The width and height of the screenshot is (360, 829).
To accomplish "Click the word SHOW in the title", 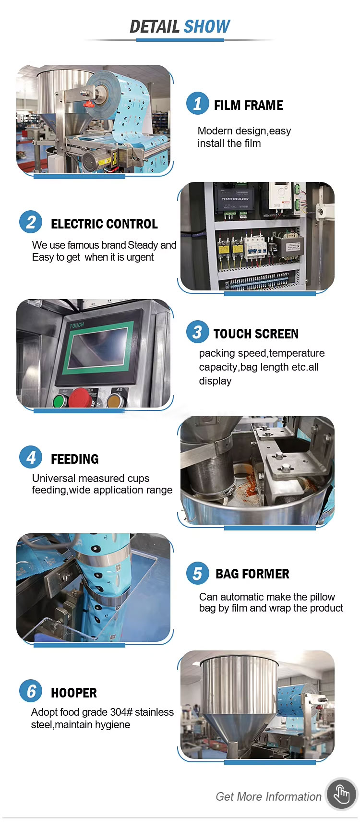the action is tap(207, 26).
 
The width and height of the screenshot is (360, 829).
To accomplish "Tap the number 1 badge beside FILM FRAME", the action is tap(198, 103).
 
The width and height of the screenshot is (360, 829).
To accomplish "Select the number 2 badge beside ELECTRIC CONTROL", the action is tap(31, 222).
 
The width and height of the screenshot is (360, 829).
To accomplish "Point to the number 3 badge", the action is tap(198, 332).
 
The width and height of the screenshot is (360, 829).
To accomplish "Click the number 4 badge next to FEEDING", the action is tap(31, 457).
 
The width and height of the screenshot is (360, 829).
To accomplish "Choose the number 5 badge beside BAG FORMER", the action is tap(198, 573).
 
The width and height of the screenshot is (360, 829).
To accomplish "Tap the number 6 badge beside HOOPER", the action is tap(31, 691).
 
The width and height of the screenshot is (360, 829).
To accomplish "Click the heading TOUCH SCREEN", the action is tap(256, 334).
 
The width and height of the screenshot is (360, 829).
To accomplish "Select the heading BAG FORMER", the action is tap(252, 574).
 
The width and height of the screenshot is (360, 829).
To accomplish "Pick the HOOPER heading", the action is tap(74, 693).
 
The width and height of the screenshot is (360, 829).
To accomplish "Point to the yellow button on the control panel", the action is tap(113, 400).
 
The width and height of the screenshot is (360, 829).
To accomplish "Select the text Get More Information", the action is tap(269, 797).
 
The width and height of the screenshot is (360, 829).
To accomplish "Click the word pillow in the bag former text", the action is tap(323, 597).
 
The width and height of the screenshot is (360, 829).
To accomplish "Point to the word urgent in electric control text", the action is tap(140, 257).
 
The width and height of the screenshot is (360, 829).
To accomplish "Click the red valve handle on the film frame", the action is tap(88, 103).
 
